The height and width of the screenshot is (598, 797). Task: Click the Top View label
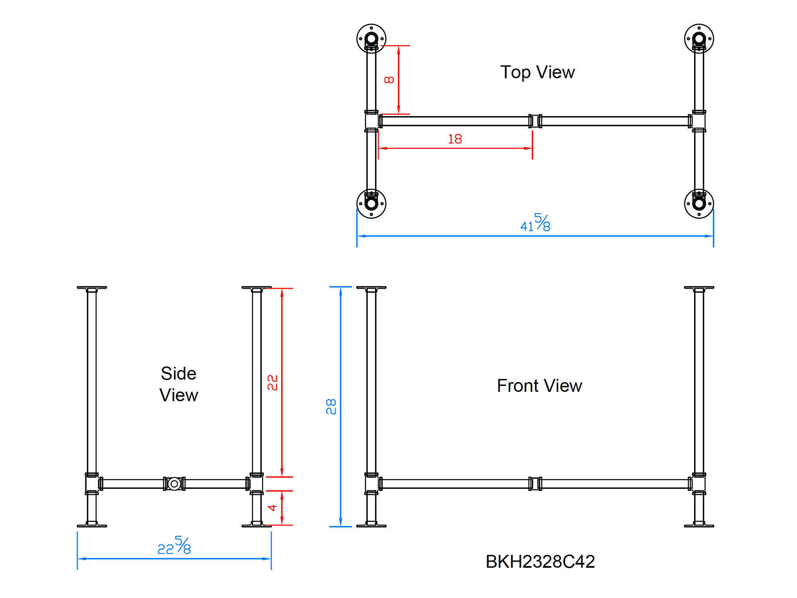pyautogui.click(x=537, y=73)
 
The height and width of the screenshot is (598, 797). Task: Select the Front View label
pyautogui.click(x=539, y=386)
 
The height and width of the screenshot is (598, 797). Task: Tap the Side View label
pyautogui.click(x=179, y=384)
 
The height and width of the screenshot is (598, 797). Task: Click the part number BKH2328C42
pyautogui.click(x=540, y=562)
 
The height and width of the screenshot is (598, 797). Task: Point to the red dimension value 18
pyautogui.click(x=455, y=139)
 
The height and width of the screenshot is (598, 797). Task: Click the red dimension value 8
pyautogui.click(x=389, y=80)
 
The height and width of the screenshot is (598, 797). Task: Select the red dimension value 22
pyautogui.click(x=272, y=383)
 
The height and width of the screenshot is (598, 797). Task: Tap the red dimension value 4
pyautogui.click(x=272, y=508)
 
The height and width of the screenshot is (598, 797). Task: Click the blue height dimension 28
pyautogui.click(x=331, y=407)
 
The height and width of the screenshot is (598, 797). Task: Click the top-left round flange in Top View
pyautogui.click(x=371, y=39)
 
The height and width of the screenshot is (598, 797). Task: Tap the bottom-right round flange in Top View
pyautogui.click(x=699, y=204)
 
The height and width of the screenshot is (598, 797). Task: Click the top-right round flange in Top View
pyautogui.click(x=699, y=39)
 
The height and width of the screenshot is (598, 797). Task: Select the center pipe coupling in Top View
pyautogui.click(x=535, y=121)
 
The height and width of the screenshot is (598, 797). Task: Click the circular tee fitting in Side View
pyautogui.click(x=174, y=484)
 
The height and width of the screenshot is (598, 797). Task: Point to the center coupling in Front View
pyautogui.click(x=535, y=484)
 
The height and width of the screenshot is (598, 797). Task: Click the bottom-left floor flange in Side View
pyautogui.click(x=92, y=525)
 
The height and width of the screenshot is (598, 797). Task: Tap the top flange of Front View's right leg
pyautogui.click(x=699, y=288)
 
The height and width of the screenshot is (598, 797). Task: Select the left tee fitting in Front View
pyautogui.click(x=371, y=484)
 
